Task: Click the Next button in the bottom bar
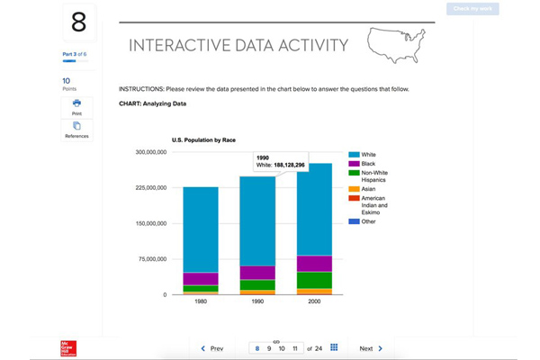371,348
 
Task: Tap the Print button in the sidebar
76,107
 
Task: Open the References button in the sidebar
76,130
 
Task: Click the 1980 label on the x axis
201,301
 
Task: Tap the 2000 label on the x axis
314,301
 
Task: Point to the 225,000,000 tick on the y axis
150,188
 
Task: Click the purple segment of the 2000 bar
314,263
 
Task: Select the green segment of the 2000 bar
314,280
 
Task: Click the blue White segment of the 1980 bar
201,229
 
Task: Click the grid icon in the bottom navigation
334,347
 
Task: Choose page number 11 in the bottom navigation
294,348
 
